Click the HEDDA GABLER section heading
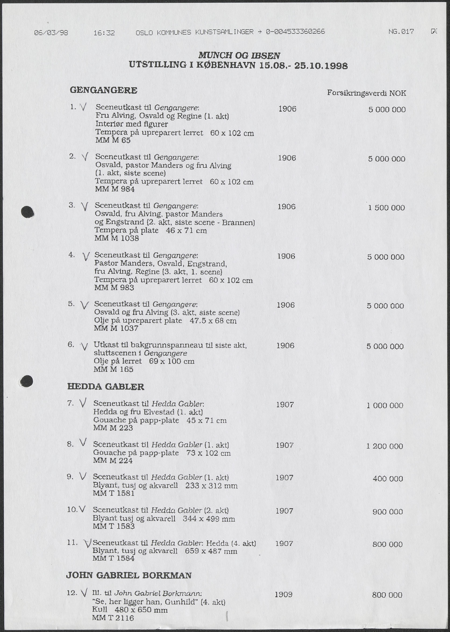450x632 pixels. (106, 387)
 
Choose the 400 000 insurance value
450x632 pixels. (388, 479)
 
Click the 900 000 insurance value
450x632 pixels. (387, 512)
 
